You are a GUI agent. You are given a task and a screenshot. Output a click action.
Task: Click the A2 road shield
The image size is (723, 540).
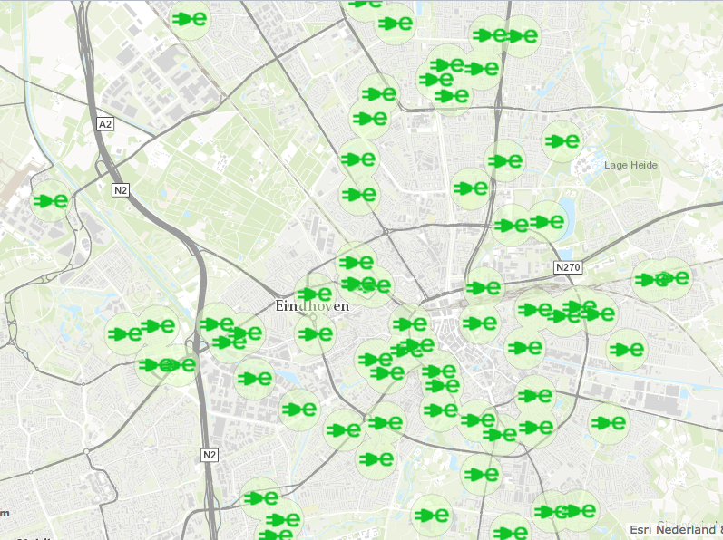[105, 124]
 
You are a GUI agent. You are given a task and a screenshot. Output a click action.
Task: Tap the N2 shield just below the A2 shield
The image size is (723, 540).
[121, 190]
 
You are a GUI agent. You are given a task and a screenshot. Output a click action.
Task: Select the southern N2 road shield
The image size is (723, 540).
[210, 455]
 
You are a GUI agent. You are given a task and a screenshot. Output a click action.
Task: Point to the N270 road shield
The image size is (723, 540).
[567, 268]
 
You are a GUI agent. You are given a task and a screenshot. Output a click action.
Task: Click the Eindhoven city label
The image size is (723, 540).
[311, 306]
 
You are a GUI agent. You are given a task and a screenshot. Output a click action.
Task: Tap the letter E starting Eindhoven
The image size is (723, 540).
[280, 306]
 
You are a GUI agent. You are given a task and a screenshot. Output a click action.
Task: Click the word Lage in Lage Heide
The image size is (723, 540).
[617, 166]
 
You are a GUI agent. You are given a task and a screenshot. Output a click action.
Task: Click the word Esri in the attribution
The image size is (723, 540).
[641, 529]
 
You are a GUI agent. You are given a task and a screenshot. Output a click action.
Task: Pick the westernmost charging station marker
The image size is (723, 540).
[51, 201]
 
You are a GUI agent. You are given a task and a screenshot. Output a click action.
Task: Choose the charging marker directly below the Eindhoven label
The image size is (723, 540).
[315, 334]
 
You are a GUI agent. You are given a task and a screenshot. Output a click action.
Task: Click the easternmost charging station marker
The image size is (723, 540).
[672, 278]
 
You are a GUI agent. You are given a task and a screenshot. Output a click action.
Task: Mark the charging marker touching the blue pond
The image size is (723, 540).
[547, 220]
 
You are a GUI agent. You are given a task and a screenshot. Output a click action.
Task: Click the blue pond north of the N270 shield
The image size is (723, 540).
[568, 217]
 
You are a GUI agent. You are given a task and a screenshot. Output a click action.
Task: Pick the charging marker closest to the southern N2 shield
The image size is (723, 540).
[261, 497]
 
